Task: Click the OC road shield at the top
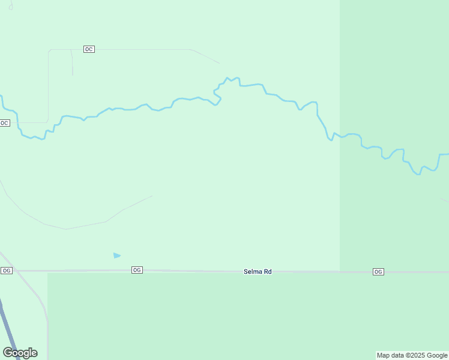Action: pos(89,49)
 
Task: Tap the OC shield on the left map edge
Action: pos(5,123)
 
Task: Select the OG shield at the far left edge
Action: pos(7,271)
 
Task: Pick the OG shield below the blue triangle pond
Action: pos(137,271)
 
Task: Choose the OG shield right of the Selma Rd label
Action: pos(378,272)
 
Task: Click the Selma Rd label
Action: pos(258,272)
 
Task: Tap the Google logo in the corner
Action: pos(20,353)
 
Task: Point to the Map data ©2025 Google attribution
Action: pos(412,355)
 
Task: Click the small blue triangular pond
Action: pos(116,256)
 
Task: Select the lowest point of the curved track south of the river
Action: pos(66,229)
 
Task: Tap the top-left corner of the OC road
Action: pos(49,51)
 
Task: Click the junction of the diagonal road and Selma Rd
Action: pos(18,271)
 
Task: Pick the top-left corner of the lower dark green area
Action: pos(48,274)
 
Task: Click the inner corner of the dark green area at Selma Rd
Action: pos(340,271)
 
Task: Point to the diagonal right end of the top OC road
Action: pos(218,62)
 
